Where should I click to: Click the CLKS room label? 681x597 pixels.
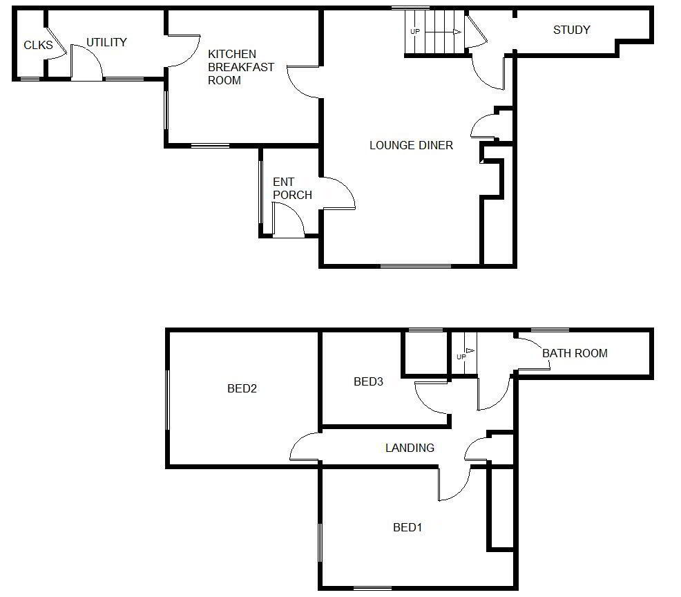(x=38, y=45)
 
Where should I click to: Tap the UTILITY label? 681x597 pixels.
(x=106, y=42)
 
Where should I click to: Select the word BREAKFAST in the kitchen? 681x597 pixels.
(x=241, y=67)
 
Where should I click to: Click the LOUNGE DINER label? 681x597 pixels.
(x=411, y=145)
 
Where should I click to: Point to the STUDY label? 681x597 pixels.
(x=572, y=30)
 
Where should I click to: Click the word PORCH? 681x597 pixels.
(x=292, y=195)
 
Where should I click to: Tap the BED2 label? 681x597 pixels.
(x=242, y=388)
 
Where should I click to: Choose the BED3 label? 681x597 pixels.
(x=368, y=382)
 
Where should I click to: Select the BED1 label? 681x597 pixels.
(x=407, y=527)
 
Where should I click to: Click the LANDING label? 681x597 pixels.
(x=410, y=448)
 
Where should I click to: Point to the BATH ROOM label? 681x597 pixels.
(x=575, y=353)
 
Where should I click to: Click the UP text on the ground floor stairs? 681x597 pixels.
(x=415, y=32)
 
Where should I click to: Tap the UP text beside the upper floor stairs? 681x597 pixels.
(x=461, y=357)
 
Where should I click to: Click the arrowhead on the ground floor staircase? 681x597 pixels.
(x=457, y=32)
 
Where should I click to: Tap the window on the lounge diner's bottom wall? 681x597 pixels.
(x=416, y=266)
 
